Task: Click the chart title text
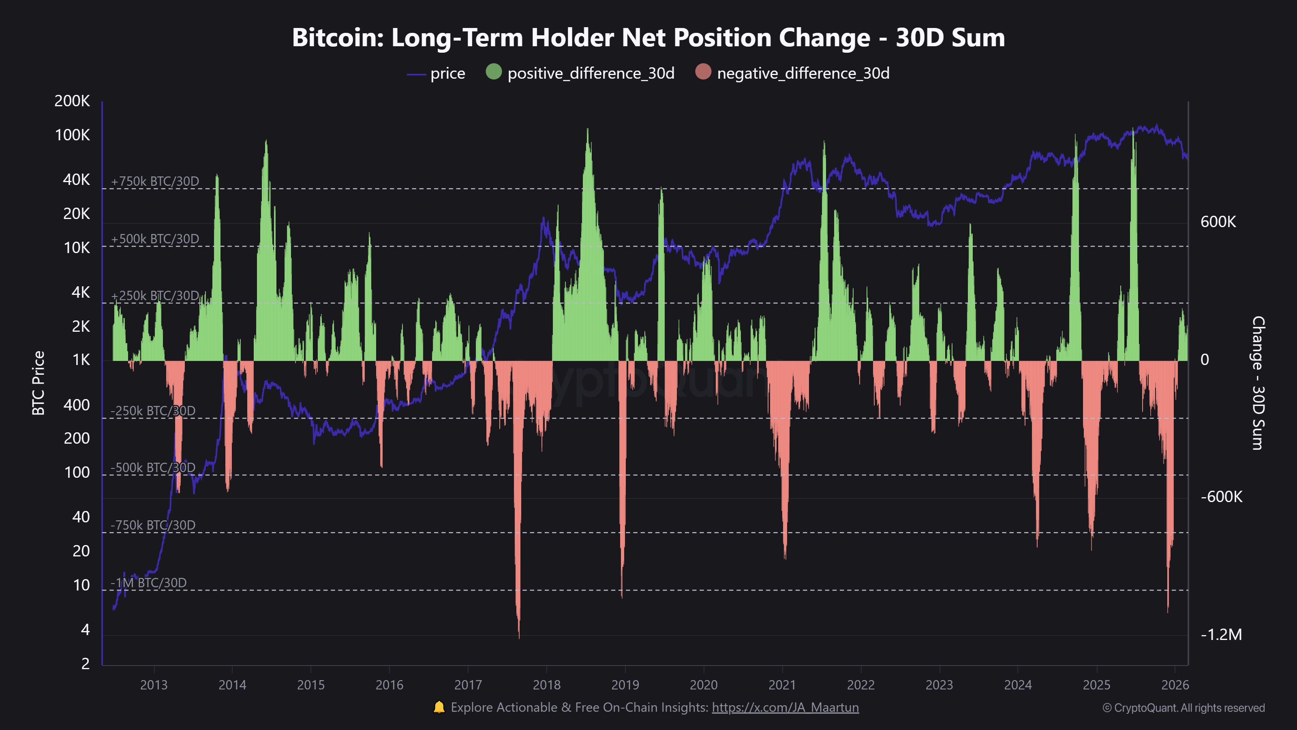coord(648,38)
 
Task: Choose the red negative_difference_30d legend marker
coord(703,72)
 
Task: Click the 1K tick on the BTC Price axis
coord(81,360)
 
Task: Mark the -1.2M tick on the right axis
coord(1221,634)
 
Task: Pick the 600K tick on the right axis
coord(1218,222)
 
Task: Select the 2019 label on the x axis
coord(625,685)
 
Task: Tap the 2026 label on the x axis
coord(1175,685)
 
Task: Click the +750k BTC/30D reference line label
coord(154,181)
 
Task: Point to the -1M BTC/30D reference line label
coord(148,583)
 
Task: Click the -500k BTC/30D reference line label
coord(152,468)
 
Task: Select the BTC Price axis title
coord(38,383)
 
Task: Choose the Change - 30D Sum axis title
coord(1257,383)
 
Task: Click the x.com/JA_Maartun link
coord(785,707)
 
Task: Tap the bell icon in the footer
coord(439,707)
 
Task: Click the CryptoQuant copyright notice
coord(1183,708)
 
